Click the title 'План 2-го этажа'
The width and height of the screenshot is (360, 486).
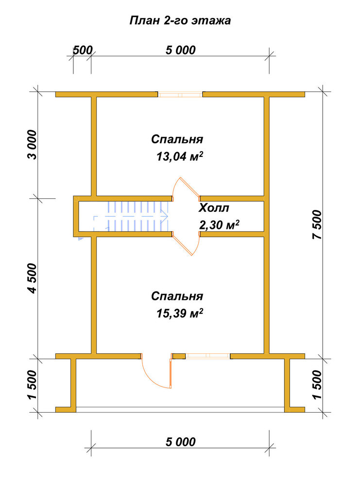click(x=180, y=21)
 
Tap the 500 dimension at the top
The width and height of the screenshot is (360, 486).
click(x=83, y=50)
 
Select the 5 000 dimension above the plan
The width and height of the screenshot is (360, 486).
click(x=181, y=50)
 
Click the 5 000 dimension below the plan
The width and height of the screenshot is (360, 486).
click(x=181, y=442)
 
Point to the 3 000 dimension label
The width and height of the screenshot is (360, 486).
click(x=32, y=145)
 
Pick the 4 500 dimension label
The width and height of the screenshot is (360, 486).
click(x=32, y=278)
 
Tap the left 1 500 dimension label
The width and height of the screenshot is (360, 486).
click(x=32, y=384)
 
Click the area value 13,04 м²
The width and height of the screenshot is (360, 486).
click(x=180, y=156)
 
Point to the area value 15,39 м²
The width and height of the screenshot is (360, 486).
click(x=180, y=313)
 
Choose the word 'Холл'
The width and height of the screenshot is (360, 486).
click(x=214, y=208)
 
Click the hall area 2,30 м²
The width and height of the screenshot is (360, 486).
click(x=219, y=225)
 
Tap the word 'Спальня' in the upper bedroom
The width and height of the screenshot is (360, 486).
click(x=177, y=139)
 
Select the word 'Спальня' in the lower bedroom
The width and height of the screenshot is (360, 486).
click(x=177, y=296)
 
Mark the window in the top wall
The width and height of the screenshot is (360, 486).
click(x=180, y=95)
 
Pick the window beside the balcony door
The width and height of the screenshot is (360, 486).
click(x=208, y=356)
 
